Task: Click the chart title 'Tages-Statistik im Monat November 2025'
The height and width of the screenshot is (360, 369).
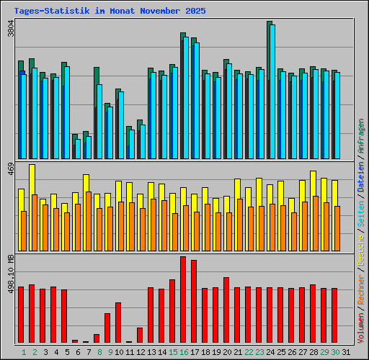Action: [x=110, y=12]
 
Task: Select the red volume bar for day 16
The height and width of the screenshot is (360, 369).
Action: [x=183, y=299]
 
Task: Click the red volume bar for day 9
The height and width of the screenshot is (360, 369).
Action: [x=107, y=328]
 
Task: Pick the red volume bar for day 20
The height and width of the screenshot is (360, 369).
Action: [x=226, y=310]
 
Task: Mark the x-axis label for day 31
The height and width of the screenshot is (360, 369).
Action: [x=346, y=352]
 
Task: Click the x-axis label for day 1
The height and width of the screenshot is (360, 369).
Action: [x=24, y=352]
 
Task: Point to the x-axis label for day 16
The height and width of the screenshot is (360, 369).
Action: [x=184, y=352]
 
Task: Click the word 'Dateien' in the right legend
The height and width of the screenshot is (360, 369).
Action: [x=361, y=178]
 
